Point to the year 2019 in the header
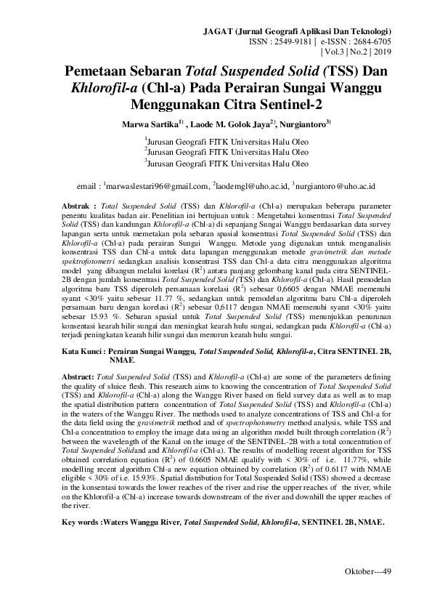[382, 53]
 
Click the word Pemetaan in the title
[100, 72]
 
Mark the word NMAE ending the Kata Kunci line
[121, 360]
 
